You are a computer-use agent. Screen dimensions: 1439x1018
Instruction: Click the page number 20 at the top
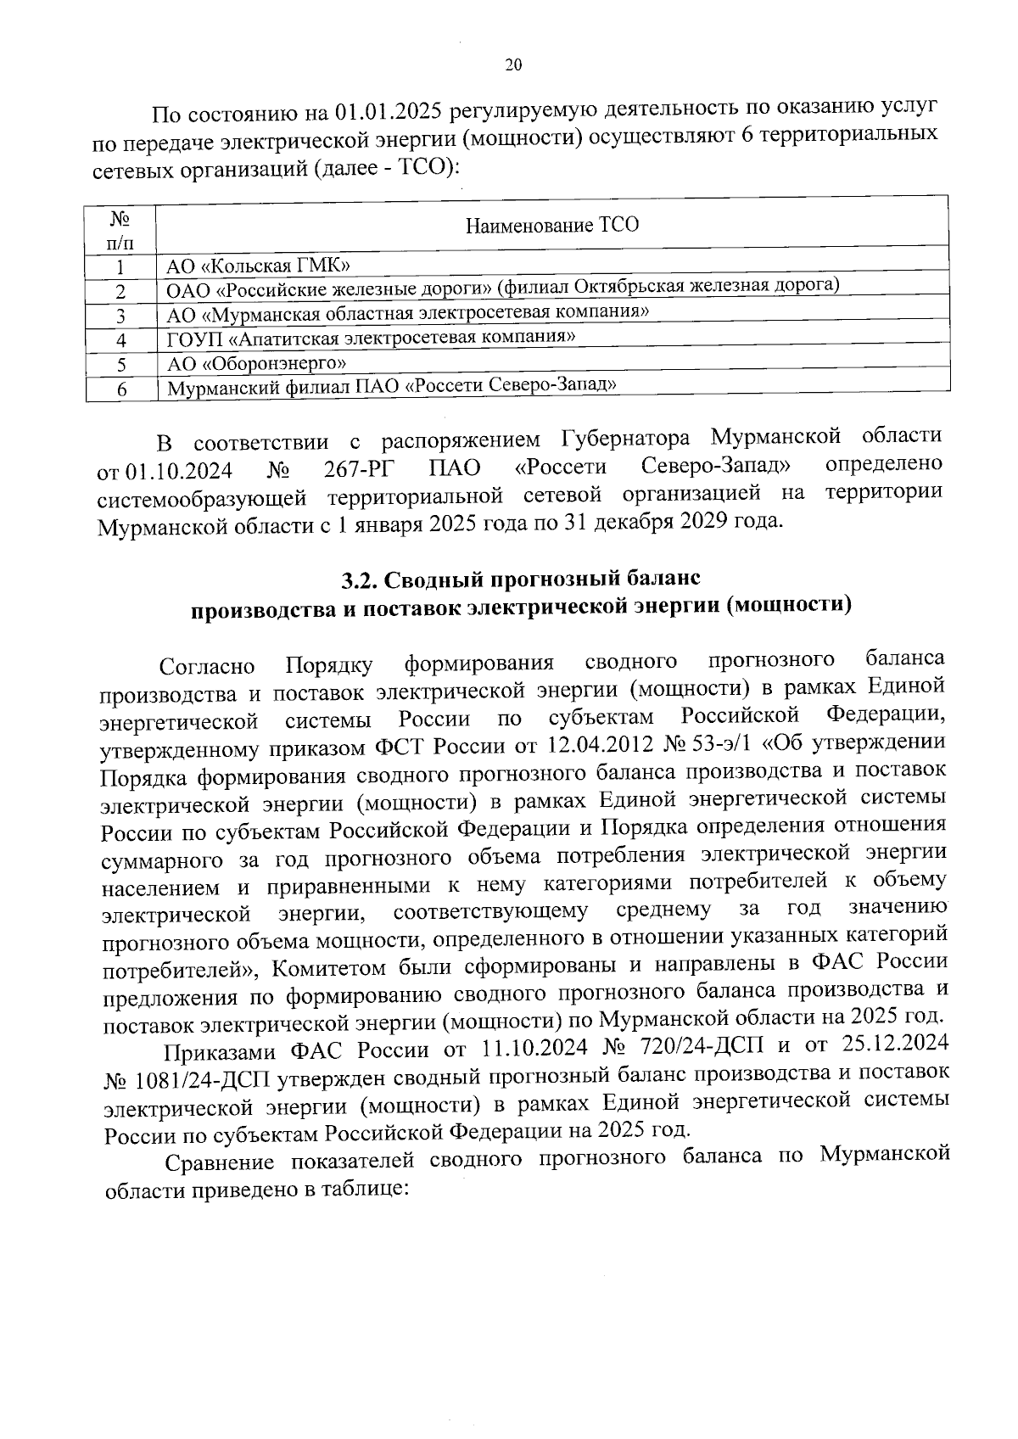pos(513,65)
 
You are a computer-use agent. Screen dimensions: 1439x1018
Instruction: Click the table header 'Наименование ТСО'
pos(551,225)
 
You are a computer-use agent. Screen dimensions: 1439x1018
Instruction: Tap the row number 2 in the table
pos(121,291)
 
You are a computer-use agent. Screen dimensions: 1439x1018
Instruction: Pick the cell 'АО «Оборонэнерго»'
pos(256,364)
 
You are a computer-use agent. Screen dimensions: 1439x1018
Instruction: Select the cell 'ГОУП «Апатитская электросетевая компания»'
pos(371,338)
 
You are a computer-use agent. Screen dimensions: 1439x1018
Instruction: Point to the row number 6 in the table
pos(121,389)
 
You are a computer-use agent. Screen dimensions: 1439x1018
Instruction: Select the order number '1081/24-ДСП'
pos(176,1078)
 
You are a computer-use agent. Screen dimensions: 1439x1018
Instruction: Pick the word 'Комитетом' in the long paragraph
pos(332,967)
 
